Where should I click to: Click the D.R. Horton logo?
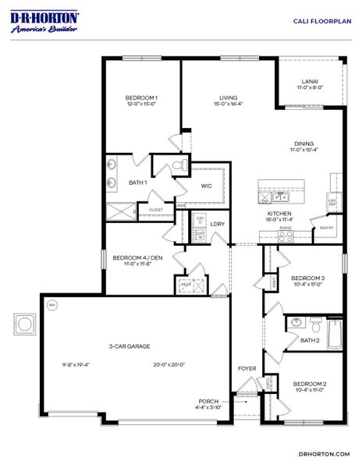click(45, 22)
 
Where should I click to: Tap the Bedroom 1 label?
click(141, 98)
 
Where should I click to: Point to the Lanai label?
click(310, 81)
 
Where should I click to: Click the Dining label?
click(304, 143)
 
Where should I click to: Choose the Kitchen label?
click(279, 213)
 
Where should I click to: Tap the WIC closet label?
click(206, 186)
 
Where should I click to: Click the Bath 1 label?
click(138, 183)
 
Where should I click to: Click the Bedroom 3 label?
click(307, 278)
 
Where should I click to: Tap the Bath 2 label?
click(310, 340)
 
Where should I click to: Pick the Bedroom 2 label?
click(309, 384)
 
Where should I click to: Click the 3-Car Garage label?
click(130, 346)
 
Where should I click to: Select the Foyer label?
click(247, 367)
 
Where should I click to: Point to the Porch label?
click(208, 401)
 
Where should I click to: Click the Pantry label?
click(326, 228)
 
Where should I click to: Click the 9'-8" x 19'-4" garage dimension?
click(76, 364)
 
